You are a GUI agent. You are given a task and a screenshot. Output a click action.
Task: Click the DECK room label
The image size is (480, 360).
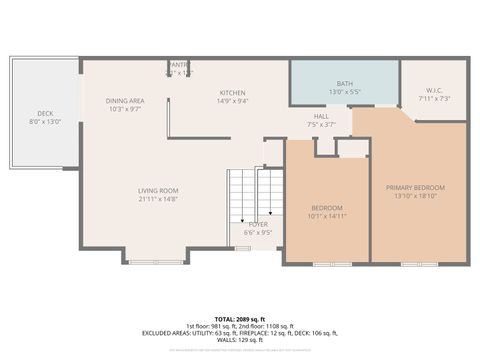click(45, 114)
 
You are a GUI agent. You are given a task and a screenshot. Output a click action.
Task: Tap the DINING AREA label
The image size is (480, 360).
click(125, 101)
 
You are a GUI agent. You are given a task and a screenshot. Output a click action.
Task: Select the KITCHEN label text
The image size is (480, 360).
click(233, 93)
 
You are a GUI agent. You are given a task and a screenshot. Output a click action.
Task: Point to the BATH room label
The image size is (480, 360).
click(344, 84)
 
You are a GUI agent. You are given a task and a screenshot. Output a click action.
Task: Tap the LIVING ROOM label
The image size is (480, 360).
click(158, 190)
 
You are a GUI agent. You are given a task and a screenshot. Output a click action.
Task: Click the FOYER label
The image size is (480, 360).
click(258, 225)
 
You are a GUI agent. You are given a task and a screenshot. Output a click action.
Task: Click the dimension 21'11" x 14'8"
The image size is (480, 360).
click(158, 198)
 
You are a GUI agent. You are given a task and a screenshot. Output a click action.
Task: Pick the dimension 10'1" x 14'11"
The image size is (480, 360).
click(327, 215)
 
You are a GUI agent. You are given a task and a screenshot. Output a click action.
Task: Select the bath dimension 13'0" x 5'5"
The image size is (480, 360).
click(344, 92)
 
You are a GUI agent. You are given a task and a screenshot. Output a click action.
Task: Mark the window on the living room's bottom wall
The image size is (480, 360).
click(155, 263)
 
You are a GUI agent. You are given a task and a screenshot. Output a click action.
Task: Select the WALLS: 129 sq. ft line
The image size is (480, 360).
click(240, 341)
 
